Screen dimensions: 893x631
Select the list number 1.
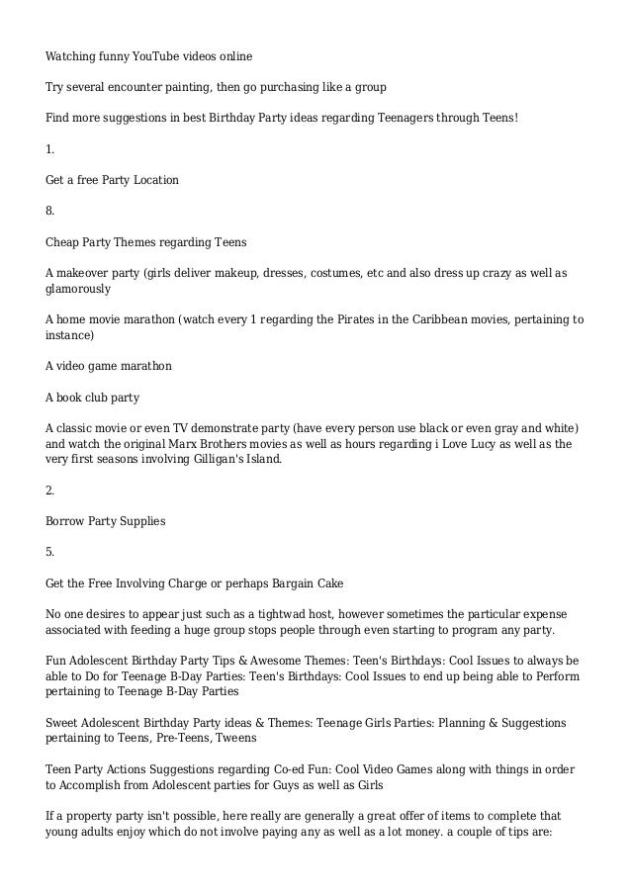click(49, 149)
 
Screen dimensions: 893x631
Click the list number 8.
click(50, 211)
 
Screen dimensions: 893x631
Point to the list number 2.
click(50, 491)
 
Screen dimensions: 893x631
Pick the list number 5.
click(50, 552)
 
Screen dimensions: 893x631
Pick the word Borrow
click(65, 521)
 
